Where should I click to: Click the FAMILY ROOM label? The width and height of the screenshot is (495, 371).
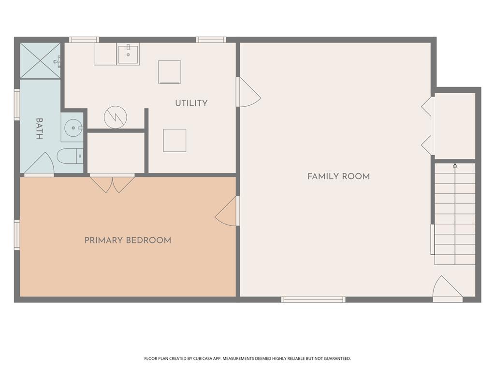338,176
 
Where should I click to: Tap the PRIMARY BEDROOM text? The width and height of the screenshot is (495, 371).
128,240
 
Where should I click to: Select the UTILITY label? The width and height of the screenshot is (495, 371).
191,103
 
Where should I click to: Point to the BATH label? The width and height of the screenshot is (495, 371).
39,129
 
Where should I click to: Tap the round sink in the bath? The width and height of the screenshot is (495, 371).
73,128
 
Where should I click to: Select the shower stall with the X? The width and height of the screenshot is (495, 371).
40,61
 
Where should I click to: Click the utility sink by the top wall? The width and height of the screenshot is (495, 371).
129,54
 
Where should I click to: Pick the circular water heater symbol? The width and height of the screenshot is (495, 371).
116,117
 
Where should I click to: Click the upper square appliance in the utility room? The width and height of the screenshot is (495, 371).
170,72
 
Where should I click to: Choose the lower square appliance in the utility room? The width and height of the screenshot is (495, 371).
175,141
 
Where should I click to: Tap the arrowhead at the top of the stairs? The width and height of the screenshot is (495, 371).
455,166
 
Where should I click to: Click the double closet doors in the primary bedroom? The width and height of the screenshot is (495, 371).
112,184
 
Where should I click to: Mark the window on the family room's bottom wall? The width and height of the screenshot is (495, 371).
313,300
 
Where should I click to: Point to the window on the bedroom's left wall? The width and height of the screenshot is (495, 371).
17,235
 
